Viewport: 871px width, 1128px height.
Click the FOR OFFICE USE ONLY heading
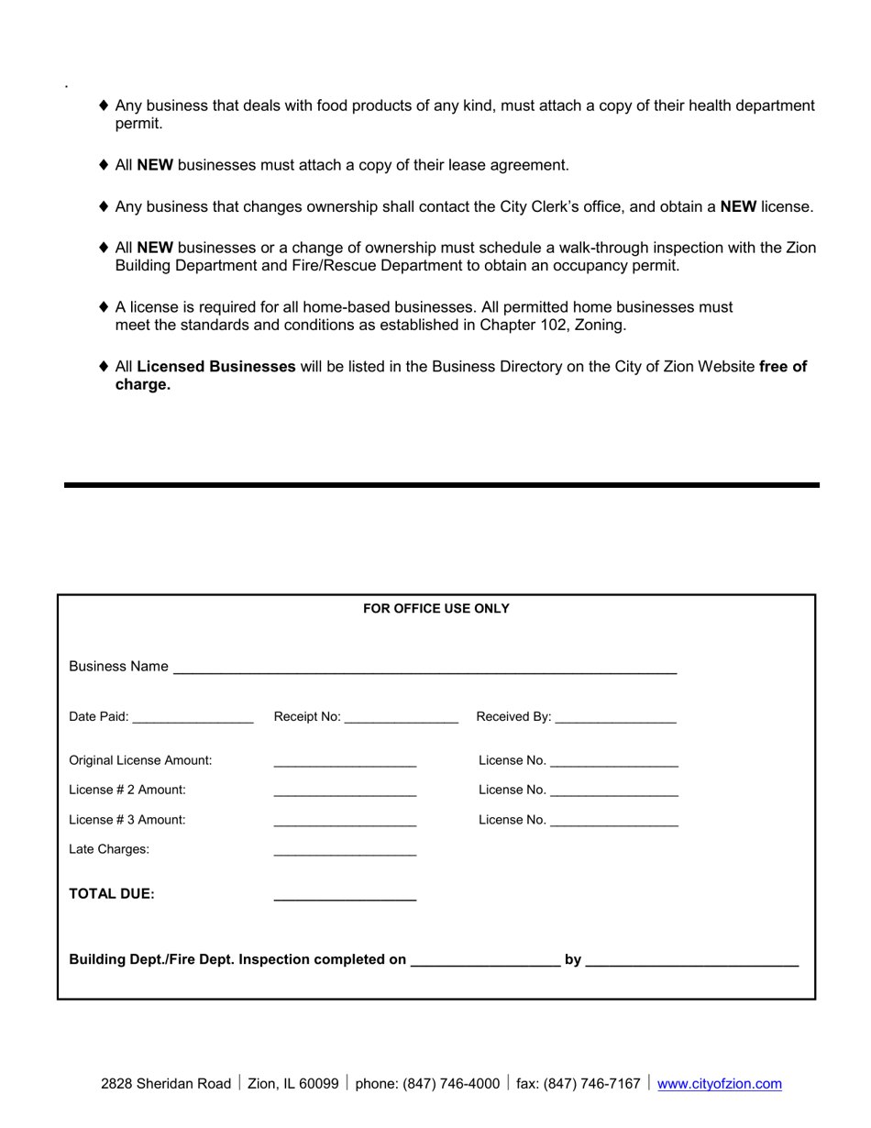436,609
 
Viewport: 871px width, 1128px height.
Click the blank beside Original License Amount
345,765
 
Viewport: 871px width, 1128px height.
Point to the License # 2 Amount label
127,790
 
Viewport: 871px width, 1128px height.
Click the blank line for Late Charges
345,855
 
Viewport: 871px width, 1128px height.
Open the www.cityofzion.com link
720,1084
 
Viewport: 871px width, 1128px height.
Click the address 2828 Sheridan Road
166,1084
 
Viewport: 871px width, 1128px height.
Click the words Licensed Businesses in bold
216,367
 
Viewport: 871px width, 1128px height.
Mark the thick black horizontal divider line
441,484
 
